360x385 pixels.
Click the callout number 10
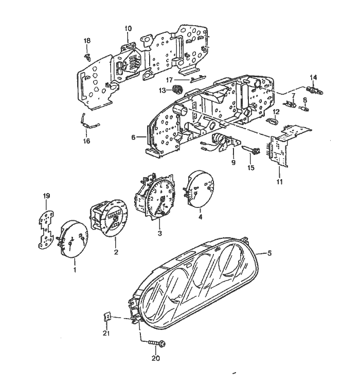coord(128,28)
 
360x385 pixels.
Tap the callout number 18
coord(87,41)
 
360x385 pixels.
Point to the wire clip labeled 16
coord(88,122)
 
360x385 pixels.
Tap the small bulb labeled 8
coord(305,107)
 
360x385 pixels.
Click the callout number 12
coord(276,112)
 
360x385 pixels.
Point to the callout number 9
coord(233,162)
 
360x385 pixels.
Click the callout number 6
coord(134,137)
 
